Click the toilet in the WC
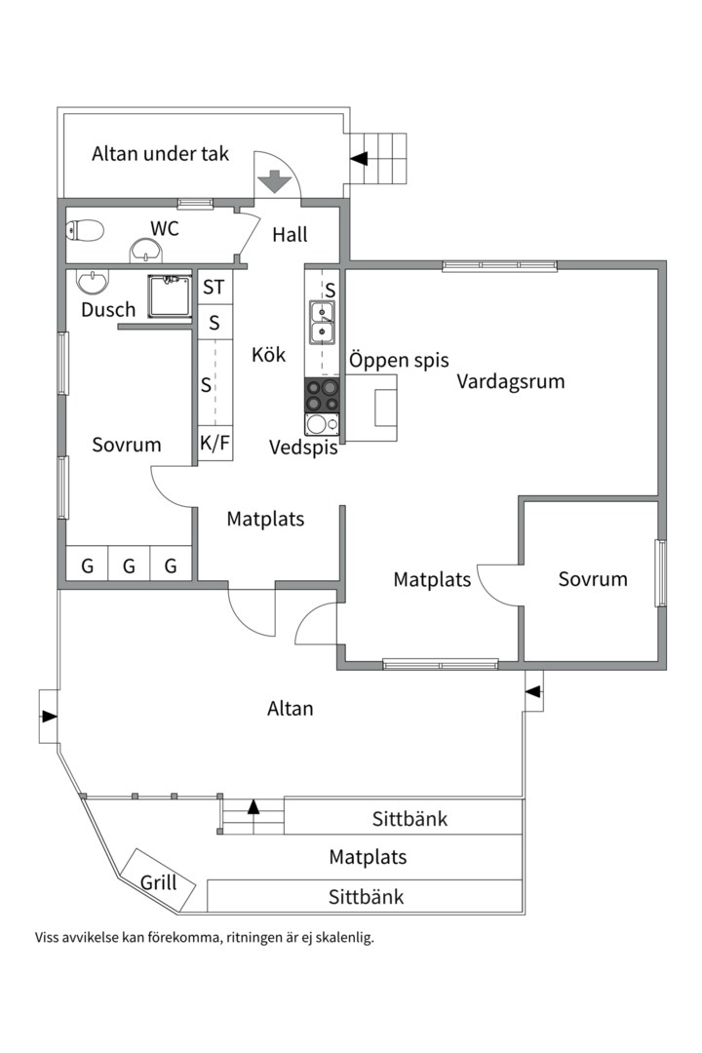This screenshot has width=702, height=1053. point(85,230)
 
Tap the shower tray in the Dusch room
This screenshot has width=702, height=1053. point(170,295)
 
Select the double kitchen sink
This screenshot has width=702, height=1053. point(322,323)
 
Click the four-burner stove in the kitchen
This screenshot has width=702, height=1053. point(322,395)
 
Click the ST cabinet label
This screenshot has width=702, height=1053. point(214,288)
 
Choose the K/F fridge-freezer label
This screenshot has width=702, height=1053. point(214,444)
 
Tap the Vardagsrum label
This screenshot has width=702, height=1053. point(511,381)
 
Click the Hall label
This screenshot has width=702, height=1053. point(291,234)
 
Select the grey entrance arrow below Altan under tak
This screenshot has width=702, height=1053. point(275,181)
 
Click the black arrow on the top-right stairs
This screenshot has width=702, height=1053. point(359,159)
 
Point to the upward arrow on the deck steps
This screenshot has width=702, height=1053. point(253,806)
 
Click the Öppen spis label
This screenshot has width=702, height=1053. point(399,360)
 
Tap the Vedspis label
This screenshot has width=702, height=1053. point(303,448)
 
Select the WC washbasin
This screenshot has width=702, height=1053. point(146,252)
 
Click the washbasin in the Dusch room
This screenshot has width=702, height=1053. point(92,282)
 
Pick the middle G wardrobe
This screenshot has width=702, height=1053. point(129,566)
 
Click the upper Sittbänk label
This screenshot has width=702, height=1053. point(409,819)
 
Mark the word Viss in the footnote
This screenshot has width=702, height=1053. point(47,938)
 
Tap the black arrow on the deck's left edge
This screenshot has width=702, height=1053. point(49,716)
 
